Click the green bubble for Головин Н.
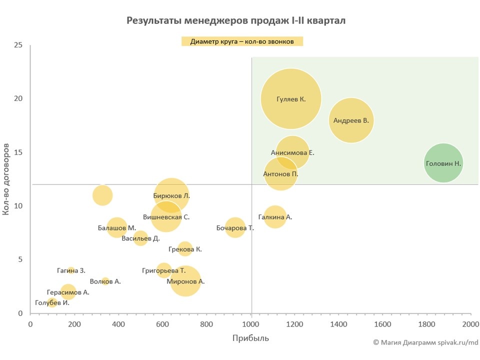point(443,163)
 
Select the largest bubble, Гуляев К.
point(290,99)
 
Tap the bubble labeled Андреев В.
point(351,120)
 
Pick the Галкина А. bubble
point(274,217)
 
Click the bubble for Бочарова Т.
point(235,228)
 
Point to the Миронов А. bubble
point(185,281)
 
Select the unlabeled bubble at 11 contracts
point(102,195)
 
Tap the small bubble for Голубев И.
point(52,302)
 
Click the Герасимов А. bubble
point(68,292)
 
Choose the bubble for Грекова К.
point(185,249)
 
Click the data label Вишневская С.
point(166,217)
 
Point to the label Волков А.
point(105,281)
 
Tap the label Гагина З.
point(70,270)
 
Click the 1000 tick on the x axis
point(251,323)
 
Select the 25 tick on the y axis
point(18,45)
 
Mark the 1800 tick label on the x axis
point(426,323)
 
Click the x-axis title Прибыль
point(250,338)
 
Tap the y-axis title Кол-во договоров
point(6,179)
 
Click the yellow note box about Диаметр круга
point(242,41)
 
